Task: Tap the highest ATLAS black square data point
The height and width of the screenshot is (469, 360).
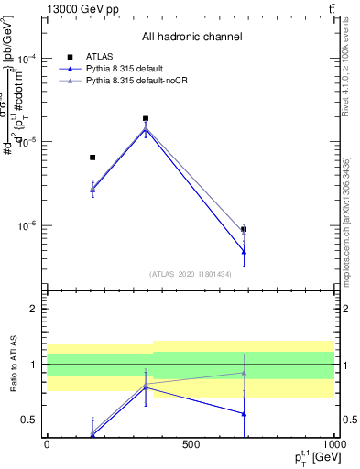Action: (146, 118)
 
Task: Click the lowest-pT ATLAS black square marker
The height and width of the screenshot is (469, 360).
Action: (93, 158)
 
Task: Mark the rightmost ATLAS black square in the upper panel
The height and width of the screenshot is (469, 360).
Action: (244, 229)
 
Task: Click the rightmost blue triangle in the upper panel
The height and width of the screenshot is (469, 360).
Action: (244, 251)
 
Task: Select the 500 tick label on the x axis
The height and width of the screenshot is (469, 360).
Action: (191, 444)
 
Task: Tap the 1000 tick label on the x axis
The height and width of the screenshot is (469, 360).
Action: (333, 444)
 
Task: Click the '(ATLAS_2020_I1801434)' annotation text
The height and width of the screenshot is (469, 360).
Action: (191, 274)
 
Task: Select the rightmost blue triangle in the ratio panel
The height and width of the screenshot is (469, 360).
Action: (244, 413)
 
